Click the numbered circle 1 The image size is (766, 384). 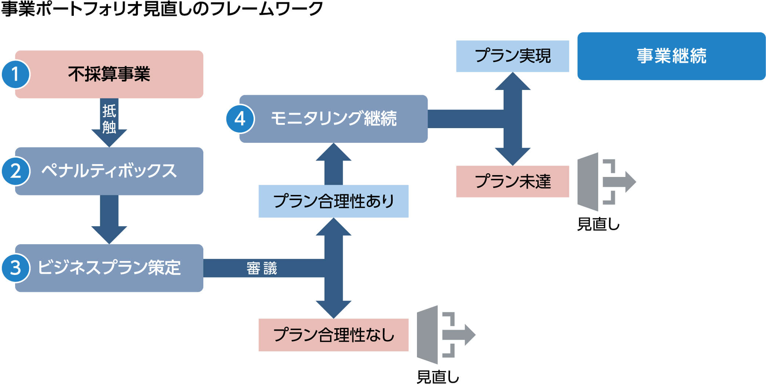pos(15,74)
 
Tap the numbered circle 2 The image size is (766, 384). pos(15,171)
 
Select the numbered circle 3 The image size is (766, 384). pos(15,268)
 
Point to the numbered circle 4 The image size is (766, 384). pos(240,119)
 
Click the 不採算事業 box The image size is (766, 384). pos(109,74)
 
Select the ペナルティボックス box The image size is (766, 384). pos(109,171)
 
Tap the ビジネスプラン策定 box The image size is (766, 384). pos(109,268)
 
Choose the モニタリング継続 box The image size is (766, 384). pos(333,119)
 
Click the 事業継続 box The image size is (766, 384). pos(671,56)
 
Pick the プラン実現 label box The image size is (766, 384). pos(512,56)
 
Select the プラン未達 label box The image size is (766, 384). pos(512,181)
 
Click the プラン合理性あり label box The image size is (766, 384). pos(333,201)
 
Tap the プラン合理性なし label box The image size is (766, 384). pos(333,335)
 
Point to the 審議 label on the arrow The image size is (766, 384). pos(262,268)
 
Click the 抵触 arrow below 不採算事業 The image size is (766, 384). pos(109,123)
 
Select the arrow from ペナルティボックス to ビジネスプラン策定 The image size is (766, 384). pos(109,220)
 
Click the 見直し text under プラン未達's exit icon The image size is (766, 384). pos(598,224)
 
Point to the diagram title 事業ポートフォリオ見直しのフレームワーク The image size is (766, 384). pos(161,9)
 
